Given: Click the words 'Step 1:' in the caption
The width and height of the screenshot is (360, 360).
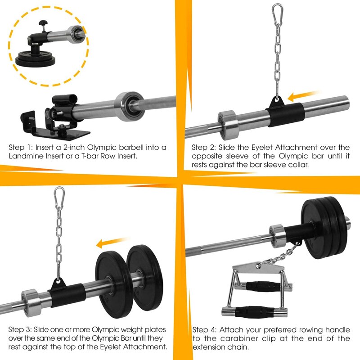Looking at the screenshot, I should (21, 148).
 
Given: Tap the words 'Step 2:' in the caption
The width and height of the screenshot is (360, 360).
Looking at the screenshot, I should (204, 148).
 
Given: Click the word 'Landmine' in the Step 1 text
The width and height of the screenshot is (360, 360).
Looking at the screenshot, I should (25, 156).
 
